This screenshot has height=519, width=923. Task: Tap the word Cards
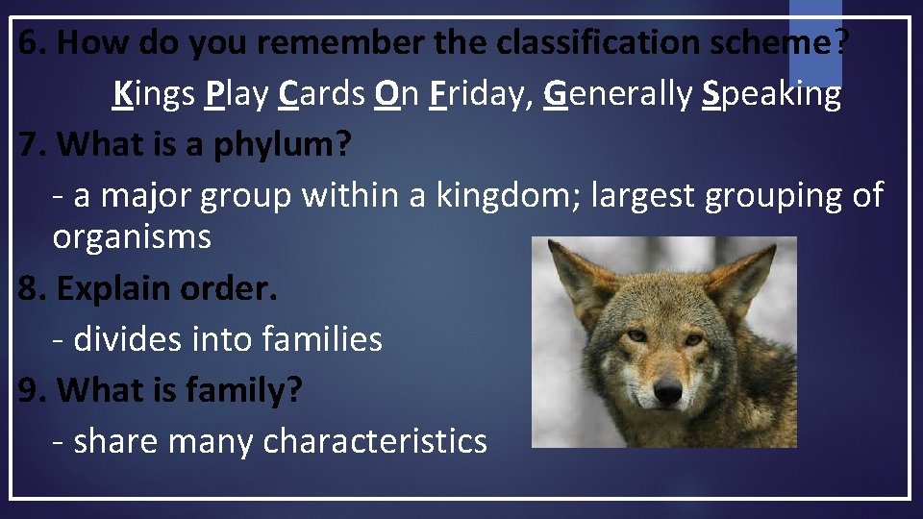322,94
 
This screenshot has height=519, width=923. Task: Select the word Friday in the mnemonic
481,94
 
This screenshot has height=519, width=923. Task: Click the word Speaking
771,94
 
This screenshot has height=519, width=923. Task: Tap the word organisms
132,236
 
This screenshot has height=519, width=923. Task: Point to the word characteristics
375,441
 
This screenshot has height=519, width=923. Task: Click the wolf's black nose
667,390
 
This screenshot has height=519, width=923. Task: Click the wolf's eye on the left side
637,335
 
